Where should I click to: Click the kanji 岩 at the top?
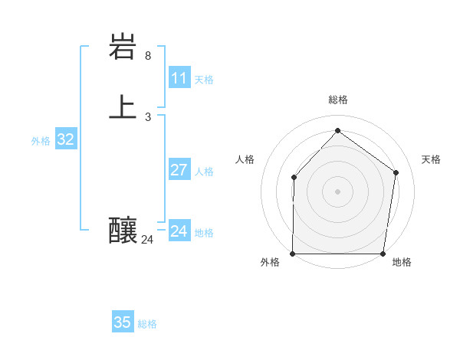coord(124,48)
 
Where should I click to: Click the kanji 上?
coord(124,107)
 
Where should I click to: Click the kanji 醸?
coord(124,231)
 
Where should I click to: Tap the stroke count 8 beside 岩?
coord(148,56)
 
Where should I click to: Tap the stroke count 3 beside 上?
coord(148,116)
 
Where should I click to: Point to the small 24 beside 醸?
coord(147,240)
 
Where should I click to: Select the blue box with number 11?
coord(179,78)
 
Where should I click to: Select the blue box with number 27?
coord(179,170)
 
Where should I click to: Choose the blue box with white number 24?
coord(179,231)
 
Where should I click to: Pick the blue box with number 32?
coord(66,139)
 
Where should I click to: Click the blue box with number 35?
coord(123,322)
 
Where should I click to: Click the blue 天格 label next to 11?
coord(204,80)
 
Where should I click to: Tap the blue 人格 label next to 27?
coord(204,172)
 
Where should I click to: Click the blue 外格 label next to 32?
coord(41,141)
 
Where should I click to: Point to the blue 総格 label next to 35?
coord(147,324)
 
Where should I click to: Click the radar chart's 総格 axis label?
coord(338,100)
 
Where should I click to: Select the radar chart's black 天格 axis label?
coord(432,159)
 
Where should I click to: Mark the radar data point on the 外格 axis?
coord(293,254)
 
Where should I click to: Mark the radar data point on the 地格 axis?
coord(383,254)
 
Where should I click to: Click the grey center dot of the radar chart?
coord(338,191)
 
